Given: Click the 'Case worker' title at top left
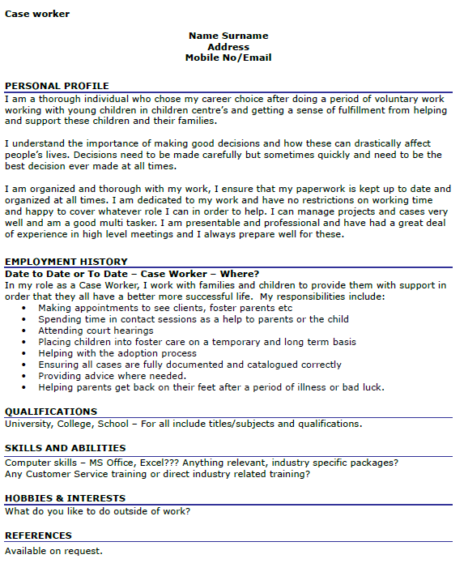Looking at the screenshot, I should coord(37,14).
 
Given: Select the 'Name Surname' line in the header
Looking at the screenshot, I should coord(228,36).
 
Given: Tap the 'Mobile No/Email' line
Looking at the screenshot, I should coord(228,58).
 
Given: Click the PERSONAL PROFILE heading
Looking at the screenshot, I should coord(57,86).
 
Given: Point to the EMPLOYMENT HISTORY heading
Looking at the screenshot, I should coord(66,262).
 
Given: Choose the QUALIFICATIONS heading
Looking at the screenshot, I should coord(51,412).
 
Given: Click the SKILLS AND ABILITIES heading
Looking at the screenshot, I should coord(65,448).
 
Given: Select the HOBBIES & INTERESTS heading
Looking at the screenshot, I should coord(65,498).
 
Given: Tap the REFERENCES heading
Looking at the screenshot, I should coord(38,535).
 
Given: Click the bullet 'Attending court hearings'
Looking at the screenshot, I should coord(96,331).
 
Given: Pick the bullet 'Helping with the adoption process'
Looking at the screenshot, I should coord(117,353).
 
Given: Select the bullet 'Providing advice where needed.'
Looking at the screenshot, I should coord(112,376).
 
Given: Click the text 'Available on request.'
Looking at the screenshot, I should coord(53,551).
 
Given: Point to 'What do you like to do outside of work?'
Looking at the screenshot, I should coord(97,511).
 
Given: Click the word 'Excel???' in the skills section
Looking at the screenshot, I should coord(157,463).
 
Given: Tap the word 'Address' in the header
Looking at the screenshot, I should coord(228,47).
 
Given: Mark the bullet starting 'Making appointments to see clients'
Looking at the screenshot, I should coord(165,308).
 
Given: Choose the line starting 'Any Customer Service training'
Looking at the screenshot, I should coord(157,474).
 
